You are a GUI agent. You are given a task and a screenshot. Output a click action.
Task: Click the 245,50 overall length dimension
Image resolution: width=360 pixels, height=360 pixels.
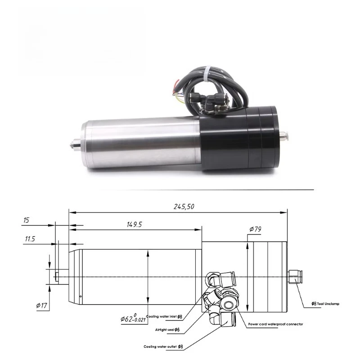184,207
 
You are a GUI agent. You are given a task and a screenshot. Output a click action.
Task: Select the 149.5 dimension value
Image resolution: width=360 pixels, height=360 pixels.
134,225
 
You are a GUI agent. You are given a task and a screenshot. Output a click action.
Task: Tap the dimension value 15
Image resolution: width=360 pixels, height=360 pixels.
26,220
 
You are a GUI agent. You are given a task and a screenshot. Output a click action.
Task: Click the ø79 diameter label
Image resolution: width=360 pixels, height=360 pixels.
256,229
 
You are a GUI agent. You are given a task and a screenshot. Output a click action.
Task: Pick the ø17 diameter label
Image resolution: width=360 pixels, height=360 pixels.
41,306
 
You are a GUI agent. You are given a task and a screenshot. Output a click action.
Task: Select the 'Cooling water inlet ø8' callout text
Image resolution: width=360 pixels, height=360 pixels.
165,317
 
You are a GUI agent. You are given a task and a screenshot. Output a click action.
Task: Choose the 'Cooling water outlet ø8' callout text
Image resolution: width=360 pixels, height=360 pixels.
163,346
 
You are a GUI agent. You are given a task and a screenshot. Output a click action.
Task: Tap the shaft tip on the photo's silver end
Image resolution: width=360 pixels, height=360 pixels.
72,144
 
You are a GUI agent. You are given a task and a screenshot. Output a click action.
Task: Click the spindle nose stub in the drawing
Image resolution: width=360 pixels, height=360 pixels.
57,275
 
